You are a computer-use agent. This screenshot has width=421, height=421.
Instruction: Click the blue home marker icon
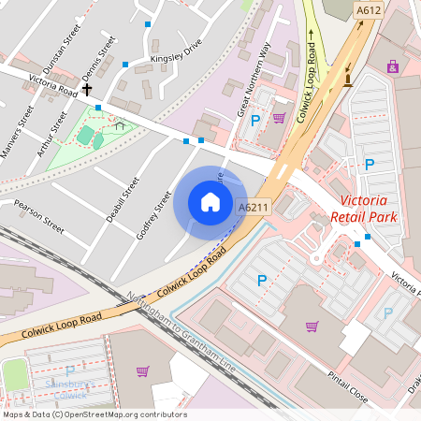coord(210,202)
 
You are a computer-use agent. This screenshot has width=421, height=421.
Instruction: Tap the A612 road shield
coord(370,10)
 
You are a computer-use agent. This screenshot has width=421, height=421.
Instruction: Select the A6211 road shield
coord(254,208)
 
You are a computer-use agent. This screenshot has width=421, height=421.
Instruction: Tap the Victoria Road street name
coord(53,86)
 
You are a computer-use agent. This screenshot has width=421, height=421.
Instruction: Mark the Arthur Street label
coord(53,135)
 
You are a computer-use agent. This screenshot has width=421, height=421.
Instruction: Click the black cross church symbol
coord(88,90)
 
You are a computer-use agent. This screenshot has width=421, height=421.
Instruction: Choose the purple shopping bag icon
coord(392,66)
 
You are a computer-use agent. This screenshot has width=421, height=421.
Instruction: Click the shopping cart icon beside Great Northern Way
coord(279,118)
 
